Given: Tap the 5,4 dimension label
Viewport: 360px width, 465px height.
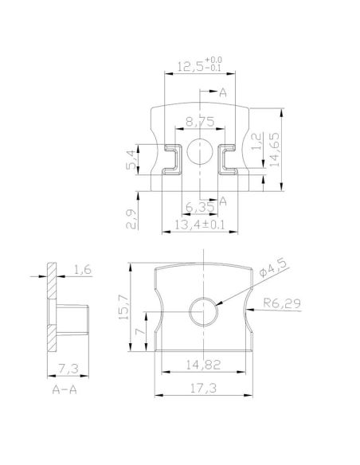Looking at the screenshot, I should [133, 158].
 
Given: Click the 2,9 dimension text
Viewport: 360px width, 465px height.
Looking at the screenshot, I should [133, 217].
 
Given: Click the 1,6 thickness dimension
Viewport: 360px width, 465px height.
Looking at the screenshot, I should [83, 272].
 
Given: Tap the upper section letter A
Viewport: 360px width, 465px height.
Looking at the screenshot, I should [223, 95].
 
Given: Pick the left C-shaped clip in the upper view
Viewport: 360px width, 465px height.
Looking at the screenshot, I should [170, 158].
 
